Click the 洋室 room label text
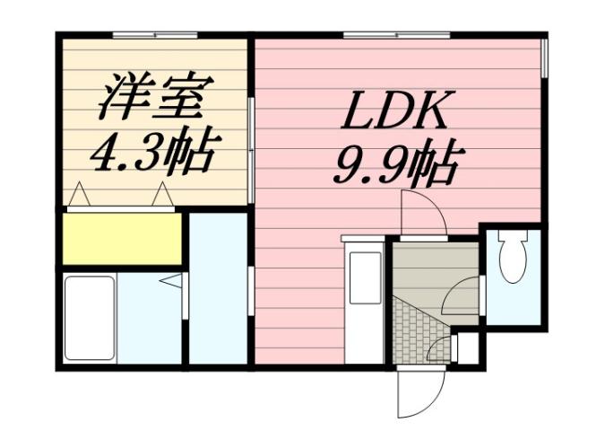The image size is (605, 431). pyautogui.click(x=153, y=100)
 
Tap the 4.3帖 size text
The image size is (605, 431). pyautogui.click(x=153, y=154)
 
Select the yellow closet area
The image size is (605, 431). pyautogui.click(x=122, y=238)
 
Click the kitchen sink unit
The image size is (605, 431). pyautogui.click(x=364, y=277)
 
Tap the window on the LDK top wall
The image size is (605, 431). pyautogui.click(x=385, y=35)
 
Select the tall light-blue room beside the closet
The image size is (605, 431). pyautogui.click(x=218, y=287)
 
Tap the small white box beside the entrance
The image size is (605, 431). pyautogui.click(x=468, y=348)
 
